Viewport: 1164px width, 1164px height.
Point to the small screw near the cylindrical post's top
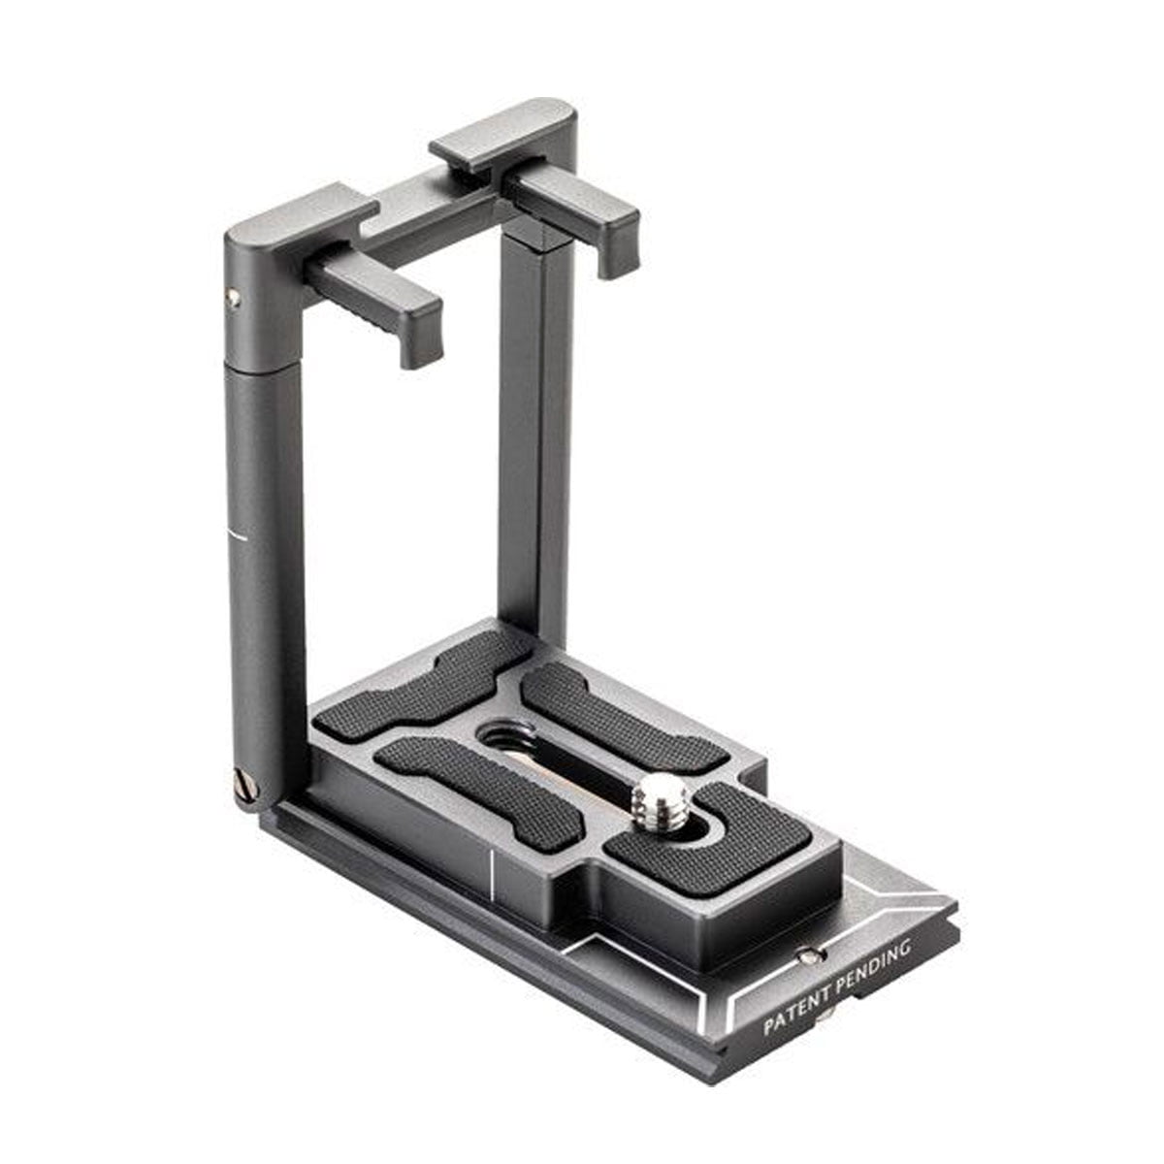coord(233,299)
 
